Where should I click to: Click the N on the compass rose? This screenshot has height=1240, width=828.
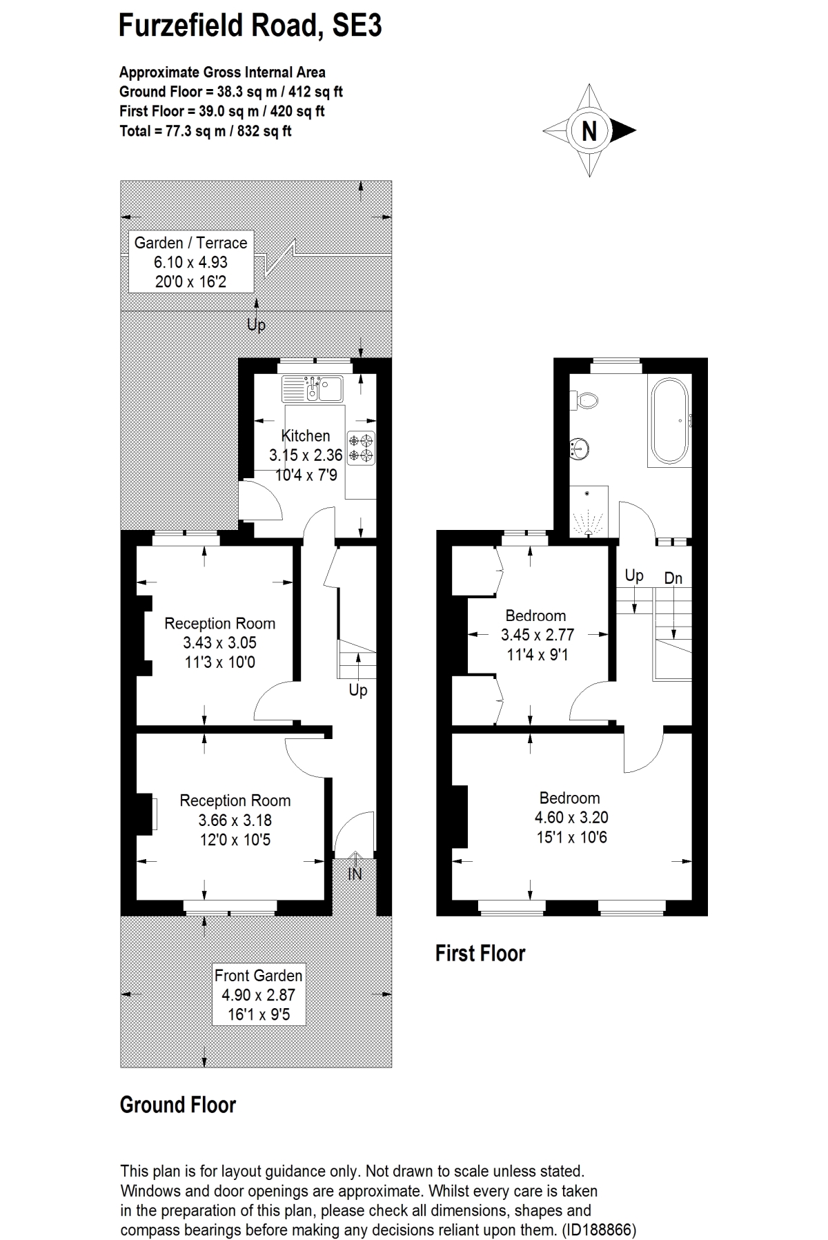point(589,130)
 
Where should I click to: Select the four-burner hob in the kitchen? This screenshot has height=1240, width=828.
point(360,447)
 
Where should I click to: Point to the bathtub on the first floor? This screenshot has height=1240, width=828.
point(669,420)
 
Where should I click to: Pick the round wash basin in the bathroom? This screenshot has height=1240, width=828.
point(579,449)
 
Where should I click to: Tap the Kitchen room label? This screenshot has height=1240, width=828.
point(306,435)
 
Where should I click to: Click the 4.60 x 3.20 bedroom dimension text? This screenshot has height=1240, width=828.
point(571,818)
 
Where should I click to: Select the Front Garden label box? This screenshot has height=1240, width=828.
point(259,994)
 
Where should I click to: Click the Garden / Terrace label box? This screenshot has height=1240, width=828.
point(190,262)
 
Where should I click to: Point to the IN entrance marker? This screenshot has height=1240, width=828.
point(355,874)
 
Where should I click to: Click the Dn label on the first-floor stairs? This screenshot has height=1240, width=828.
point(673,578)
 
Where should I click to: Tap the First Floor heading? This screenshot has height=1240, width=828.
point(480,954)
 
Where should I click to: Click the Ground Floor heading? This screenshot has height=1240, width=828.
point(178,1105)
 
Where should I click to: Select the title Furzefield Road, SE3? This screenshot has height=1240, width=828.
point(250,26)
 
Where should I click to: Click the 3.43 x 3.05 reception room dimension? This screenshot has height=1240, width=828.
point(219,643)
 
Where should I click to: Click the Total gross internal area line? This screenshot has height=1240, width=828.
point(206,131)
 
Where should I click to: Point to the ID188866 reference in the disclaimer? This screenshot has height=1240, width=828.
point(599,1230)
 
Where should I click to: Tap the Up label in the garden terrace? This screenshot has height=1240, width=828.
point(256,324)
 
